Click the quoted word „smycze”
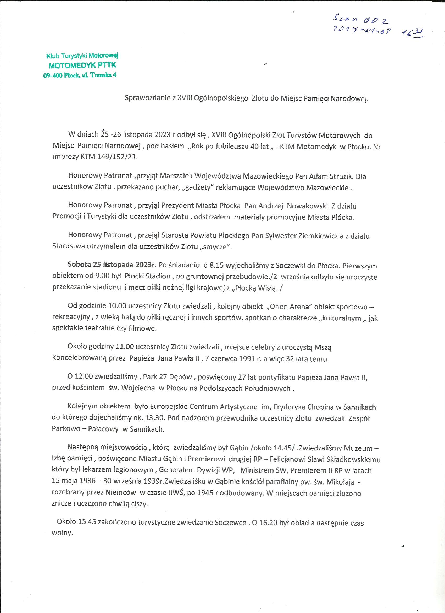[x=215, y=247]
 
